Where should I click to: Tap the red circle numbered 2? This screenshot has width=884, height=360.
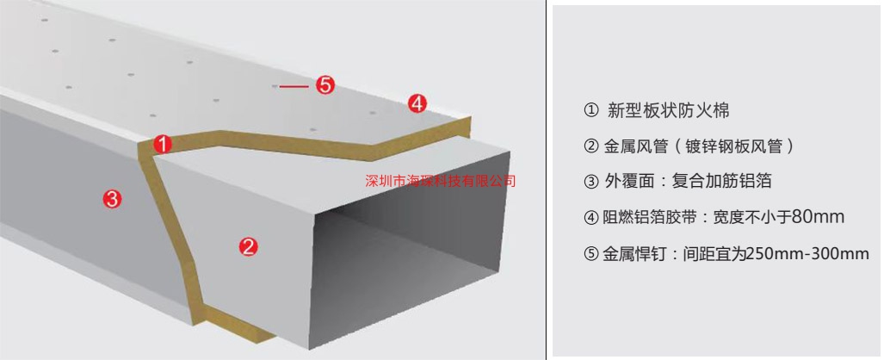pyautogui.click(x=249, y=246)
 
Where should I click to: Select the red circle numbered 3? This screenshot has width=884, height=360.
pyautogui.click(x=112, y=199)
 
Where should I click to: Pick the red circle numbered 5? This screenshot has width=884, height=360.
pyautogui.click(x=325, y=85)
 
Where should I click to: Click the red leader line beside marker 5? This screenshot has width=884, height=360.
pyautogui.click(x=294, y=86)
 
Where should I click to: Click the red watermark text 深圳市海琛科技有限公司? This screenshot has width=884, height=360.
pyautogui.click(x=441, y=181)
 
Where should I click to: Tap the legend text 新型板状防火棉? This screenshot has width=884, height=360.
pyautogui.click(x=668, y=110)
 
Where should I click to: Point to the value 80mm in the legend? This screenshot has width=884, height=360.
pyautogui.click(x=817, y=217)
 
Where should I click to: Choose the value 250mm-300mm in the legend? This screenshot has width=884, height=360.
pyautogui.click(x=807, y=253)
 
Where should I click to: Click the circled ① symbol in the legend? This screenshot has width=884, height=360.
pyautogui.click(x=590, y=111)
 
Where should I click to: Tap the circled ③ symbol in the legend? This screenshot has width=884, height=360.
pyautogui.click(x=590, y=182)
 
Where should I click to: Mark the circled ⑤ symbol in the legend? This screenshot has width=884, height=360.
pyautogui.click(x=590, y=254)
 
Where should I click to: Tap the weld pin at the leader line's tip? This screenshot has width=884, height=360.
pyautogui.click(x=275, y=86)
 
